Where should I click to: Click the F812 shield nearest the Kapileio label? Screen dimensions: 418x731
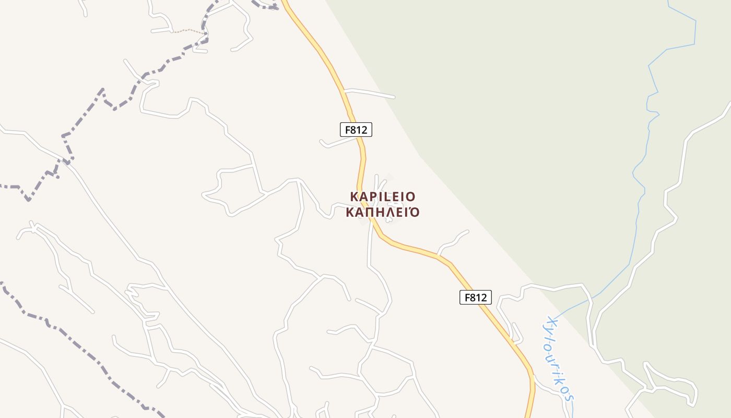pyautogui.click(x=356, y=130)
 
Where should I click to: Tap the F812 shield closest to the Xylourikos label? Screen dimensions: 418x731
pyautogui.click(x=475, y=297)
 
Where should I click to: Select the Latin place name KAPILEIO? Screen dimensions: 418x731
pyautogui.click(x=383, y=196)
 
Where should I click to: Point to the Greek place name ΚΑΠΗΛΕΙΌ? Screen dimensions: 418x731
pyautogui.click(x=383, y=213)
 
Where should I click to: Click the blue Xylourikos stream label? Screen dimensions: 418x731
pyautogui.click(x=560, y=357)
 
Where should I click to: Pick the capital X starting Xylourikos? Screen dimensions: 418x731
pyautogui.click(x=549, y=320)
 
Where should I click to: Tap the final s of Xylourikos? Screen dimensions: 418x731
pyautogui.click(x=571, y=397)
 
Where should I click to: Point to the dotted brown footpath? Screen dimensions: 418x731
pyautogui.click(x=188, y=31)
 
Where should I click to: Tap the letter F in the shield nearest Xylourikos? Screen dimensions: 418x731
pyautogui.click(x=466, y=297)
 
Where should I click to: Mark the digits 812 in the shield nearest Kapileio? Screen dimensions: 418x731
pyautogui.click(x=360, y=130)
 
